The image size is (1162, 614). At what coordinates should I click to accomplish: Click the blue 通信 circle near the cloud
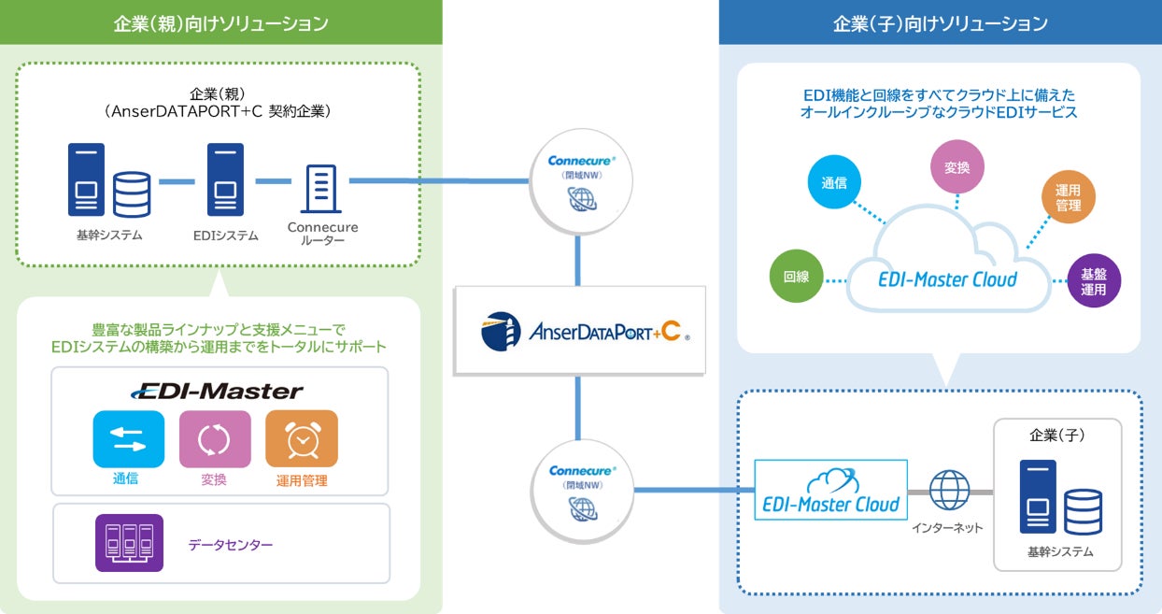[x=834, y=182]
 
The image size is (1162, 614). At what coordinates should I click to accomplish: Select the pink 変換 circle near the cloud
[x=957, y=167]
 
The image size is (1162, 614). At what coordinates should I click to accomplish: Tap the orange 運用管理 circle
[x=1069, y=197]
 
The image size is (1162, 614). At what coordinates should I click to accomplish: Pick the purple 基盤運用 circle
[x=1094, y=281]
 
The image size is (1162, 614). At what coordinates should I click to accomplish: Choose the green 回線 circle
[x=796, y=277]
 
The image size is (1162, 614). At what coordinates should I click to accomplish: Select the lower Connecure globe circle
[x=582, y=492]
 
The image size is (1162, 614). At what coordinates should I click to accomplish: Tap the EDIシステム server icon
[x=225, y=180]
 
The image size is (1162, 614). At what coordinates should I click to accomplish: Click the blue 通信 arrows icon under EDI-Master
[x=129, y=438]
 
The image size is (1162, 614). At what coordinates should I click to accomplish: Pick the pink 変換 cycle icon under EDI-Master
[x=215, y=438]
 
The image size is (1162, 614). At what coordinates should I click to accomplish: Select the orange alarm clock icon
[x=301, y=438]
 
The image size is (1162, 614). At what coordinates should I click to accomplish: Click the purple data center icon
[x=129, y=543]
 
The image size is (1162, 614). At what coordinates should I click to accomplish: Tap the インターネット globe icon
[x=950, y=491]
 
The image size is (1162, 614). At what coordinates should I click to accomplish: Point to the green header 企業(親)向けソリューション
[x=220, y=22]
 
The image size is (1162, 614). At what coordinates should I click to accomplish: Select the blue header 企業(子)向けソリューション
[x=940, y=22]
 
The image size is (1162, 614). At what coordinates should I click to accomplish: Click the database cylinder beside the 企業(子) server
[x=1084, y=511]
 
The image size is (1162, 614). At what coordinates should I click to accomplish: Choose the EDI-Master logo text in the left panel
[x=218, y=391]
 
